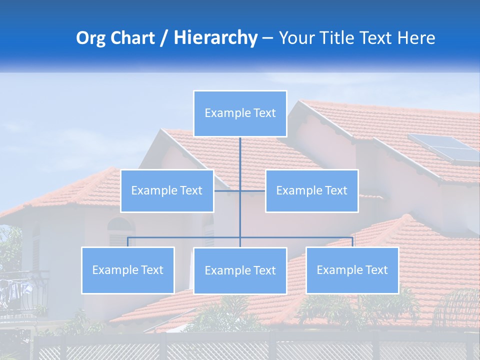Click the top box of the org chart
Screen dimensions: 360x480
tap(240, 113)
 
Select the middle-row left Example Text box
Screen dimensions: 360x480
tap(167, 191)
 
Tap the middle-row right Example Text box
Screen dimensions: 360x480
tap(311, 191)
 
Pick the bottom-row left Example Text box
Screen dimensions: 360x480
tap(128, 270)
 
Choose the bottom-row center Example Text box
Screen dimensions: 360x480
tap(240, 271)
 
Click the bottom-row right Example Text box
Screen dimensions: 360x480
tap(352, 270)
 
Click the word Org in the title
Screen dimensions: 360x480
tap(91, 38)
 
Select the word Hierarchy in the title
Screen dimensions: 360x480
tap(215, 38)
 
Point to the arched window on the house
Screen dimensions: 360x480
tap(121, 230)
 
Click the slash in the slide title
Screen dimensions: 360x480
tap(164, 38)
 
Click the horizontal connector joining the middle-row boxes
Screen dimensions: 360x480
tap(239, 191)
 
